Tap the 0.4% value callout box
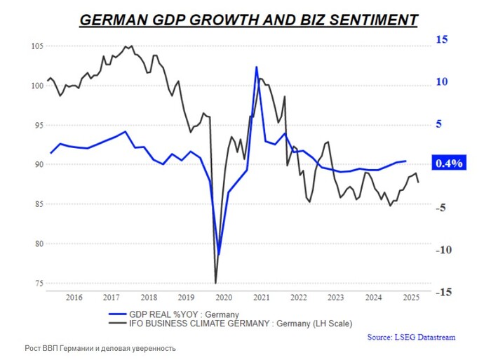point(449,164)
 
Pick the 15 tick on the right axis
point(441,40)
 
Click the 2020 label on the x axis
point(224,297)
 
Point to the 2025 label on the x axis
point(411,297)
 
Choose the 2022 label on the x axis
point(299,297)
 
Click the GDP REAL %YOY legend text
point(184,314)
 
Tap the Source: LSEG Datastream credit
point(411,338)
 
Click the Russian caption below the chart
point(100,349)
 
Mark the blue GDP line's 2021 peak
point(257,67)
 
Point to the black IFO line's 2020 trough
point(215,283)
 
